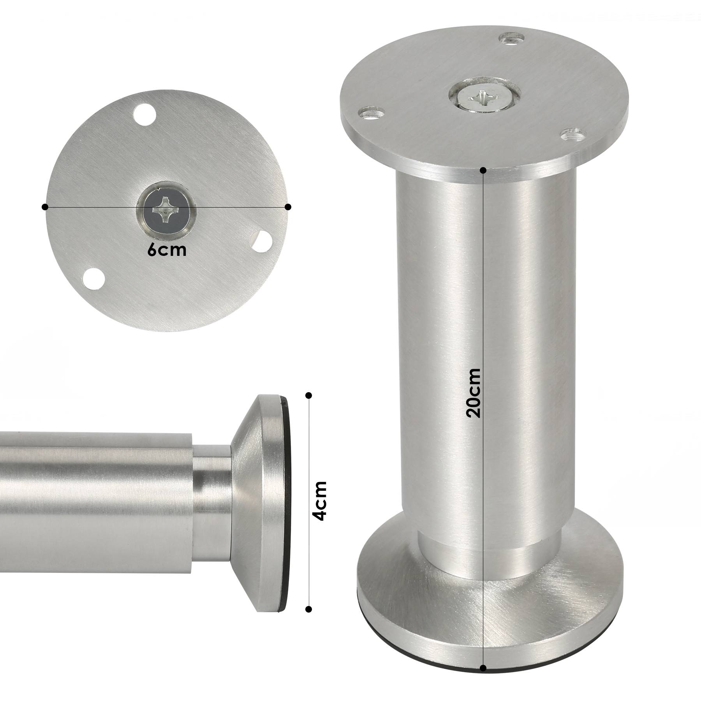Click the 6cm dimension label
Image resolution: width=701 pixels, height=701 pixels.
click(x=167, y=250)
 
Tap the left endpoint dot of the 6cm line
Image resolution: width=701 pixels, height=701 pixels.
click(x=45, y=207)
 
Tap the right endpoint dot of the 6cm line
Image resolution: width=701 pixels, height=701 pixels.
click(x=288, y=207)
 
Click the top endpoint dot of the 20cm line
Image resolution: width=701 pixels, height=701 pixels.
click(x=483, y=170)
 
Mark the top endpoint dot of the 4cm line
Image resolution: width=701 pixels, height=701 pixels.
click(x=309, y=396)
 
